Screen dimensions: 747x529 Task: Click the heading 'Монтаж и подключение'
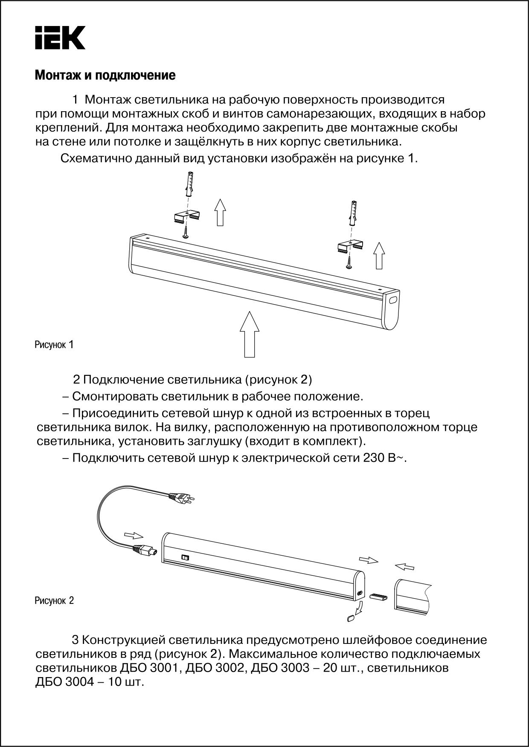click(x=105, y=76)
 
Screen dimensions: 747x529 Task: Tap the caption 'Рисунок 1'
click(x=54, y=344)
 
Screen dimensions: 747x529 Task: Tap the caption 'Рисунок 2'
click(x=54, y=601)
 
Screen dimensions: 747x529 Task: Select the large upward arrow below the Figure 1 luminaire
click(x=250, y=334)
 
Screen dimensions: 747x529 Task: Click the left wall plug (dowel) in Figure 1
click(x=189, y=183)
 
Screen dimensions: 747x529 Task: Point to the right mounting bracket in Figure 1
click(x=351, y=247)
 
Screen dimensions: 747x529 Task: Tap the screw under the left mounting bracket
click(x=186, y=232)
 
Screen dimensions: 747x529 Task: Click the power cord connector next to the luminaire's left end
click(x=145, y=551)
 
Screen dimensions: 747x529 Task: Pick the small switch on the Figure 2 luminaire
click(x=185, y=557)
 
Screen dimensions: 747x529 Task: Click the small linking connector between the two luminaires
click(x=379, y=597)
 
